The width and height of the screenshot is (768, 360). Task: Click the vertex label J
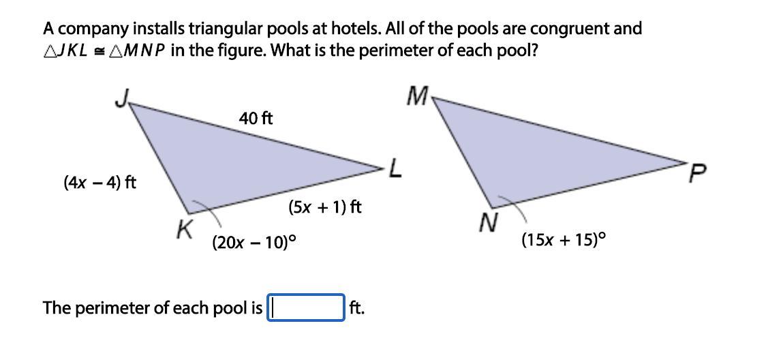click(121, 100)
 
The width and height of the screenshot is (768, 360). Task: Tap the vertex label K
click(183, 230)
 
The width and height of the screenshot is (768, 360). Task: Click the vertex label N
click(487, 223)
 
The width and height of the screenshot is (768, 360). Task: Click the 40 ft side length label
click(256, 119)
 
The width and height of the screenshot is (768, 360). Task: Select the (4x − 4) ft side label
click(99, 183)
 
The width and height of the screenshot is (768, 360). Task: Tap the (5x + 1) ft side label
click(325, 207)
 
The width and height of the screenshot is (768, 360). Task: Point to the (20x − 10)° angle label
click(254, 242)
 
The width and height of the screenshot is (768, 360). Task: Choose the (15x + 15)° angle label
click(564, 240)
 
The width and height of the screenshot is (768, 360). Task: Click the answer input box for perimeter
click(306, 307)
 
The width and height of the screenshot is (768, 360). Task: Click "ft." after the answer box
click(357, 308)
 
